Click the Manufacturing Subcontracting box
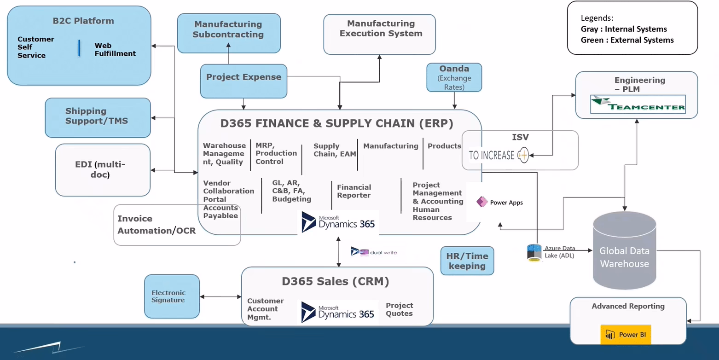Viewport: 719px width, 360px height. click(229, 33)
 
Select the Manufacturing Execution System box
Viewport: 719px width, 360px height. click(379, 34)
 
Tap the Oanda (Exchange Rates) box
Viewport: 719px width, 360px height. click(454, 78)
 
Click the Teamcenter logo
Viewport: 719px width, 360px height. click(638, 105)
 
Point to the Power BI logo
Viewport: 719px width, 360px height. click(626, 335)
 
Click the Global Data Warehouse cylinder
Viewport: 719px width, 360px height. click(624, 251)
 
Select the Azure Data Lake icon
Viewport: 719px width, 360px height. click(534, 253)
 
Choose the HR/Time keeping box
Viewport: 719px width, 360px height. click(467, 261)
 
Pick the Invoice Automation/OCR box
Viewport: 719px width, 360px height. click(157, 225)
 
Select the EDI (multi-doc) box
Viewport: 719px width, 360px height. click(103, 170)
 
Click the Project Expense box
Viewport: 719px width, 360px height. click(244, 81)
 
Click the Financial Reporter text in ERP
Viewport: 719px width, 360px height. click(354, 191)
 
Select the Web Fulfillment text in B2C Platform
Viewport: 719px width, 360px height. click(115, 50)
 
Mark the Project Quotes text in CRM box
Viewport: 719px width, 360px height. click(399, 309)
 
